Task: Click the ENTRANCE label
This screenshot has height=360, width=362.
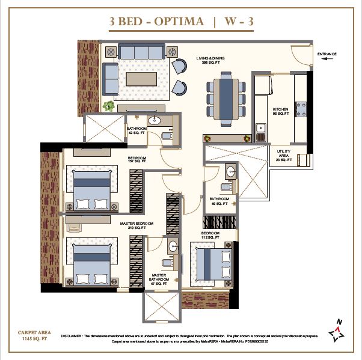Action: point(327,54)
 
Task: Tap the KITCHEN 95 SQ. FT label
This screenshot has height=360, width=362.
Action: point(281,111)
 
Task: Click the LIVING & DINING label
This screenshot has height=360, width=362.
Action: point(209,61)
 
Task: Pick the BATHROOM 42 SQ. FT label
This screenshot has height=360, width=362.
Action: point(137,130)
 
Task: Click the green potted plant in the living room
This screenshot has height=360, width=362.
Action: point(108,106)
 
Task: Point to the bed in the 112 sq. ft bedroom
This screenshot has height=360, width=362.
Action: point(210,262)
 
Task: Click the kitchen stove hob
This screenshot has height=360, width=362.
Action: point(300,110)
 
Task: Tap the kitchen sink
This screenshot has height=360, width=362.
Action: point(260,128)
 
